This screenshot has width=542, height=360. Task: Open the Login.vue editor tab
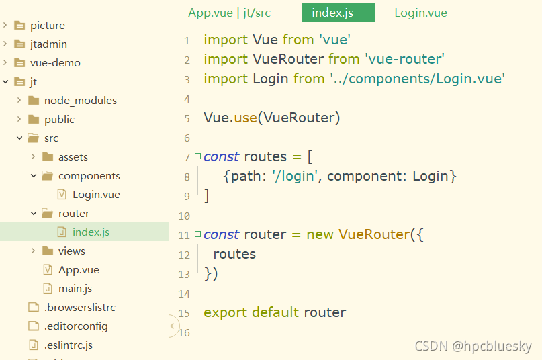click(x=420, y=13)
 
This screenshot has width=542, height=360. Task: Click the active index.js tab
click(x=338, y=13)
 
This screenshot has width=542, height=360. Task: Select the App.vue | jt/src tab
click(x=229, y=13)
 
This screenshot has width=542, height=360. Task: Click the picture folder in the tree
click(x=47, y=26)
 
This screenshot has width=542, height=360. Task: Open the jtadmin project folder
click(x=48, y=44)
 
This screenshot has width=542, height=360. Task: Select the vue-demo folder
click(x=54, y=63)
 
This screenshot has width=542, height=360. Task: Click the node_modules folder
click(x=80, y=101)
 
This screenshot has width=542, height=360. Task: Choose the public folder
click(x=59, y=120)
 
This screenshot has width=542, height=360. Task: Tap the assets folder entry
click(x=73, y=157)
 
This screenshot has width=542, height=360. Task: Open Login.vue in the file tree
click(x=95, y=195)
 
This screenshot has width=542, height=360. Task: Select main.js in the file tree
click(x=75, y=289)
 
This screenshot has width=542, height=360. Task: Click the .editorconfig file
click(x=75, y=326)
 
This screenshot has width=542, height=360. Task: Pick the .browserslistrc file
click(x=79, y=308)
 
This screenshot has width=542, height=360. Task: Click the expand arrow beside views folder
click(x=33, y=251)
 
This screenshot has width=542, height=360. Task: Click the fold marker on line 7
click(x=197, y=156)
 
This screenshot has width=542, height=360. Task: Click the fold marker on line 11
click(x=197, y=234)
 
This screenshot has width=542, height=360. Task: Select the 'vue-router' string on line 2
click(x=404, y=60)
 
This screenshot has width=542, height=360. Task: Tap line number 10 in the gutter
click(x=184, y=216)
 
